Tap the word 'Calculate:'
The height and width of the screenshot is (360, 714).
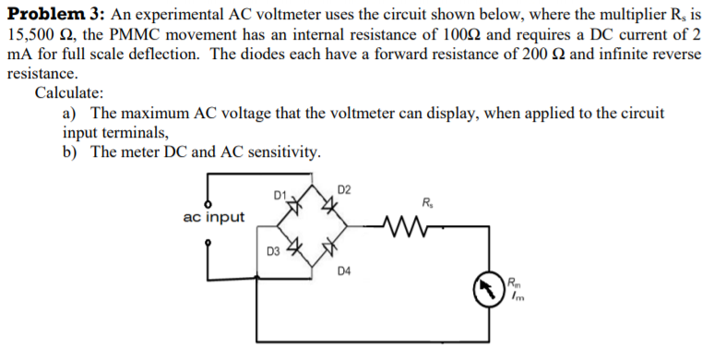click(69, 93)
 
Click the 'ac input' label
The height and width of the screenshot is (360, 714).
click(214, 218)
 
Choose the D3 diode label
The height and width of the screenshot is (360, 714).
click(273, 250)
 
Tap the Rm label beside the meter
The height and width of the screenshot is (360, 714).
click(515, 281)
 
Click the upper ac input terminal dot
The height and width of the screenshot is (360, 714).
click(208, 203)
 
